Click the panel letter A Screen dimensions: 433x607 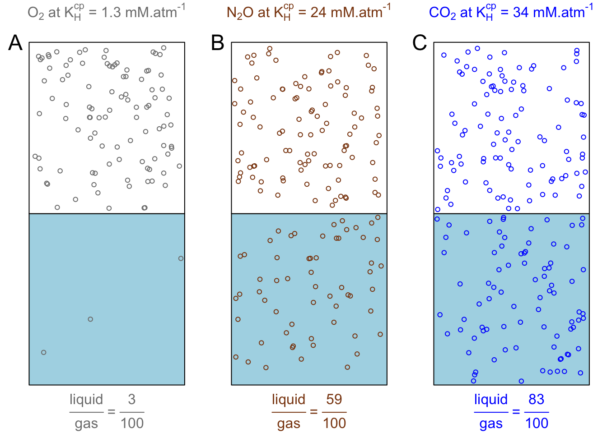pos(15,43)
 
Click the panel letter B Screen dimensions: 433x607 pos(218,43)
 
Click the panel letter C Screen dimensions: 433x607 pos(420,43)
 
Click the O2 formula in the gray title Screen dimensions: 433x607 pos(36,13)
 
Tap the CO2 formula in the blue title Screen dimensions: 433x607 pos(442,13)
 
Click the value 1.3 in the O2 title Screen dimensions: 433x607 pos(111,13)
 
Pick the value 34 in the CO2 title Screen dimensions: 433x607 pos(521,13)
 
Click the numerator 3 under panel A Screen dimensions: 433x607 pos(131,400)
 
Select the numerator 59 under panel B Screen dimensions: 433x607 pos(334,400)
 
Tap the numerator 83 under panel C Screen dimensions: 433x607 pos(536,400)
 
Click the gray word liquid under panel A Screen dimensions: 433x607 pos(86,400)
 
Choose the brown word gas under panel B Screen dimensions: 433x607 pos(289,424)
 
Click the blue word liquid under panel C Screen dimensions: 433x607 pos(491,400)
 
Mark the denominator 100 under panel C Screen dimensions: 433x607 pos(537,424)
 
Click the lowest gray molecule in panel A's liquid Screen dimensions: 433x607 pos(44,352)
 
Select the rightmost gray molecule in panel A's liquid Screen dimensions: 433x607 pos(181,258)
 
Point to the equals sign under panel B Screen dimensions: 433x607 pos(314,412)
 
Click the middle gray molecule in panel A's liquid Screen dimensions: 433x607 pos(90,319)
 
